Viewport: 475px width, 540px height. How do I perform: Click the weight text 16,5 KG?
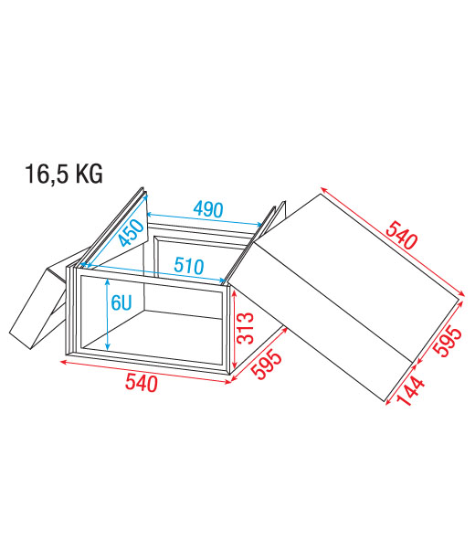click(64, 175)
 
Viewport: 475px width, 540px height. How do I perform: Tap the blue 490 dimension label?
click(208, 209)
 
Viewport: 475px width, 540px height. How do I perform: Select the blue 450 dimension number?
click(131, 233)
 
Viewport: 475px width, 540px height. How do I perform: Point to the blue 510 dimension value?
click(189, 266)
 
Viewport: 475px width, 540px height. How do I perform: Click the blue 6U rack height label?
click(121, 302)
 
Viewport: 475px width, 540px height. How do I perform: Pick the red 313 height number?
click(246, 328)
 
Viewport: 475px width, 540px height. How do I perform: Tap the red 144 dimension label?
click(409, 391)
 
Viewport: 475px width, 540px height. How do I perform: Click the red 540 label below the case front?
click(142, 383)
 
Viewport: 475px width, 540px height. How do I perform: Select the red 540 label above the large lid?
click(401, 235)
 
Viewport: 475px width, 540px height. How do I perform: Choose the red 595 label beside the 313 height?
click(267, 365)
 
